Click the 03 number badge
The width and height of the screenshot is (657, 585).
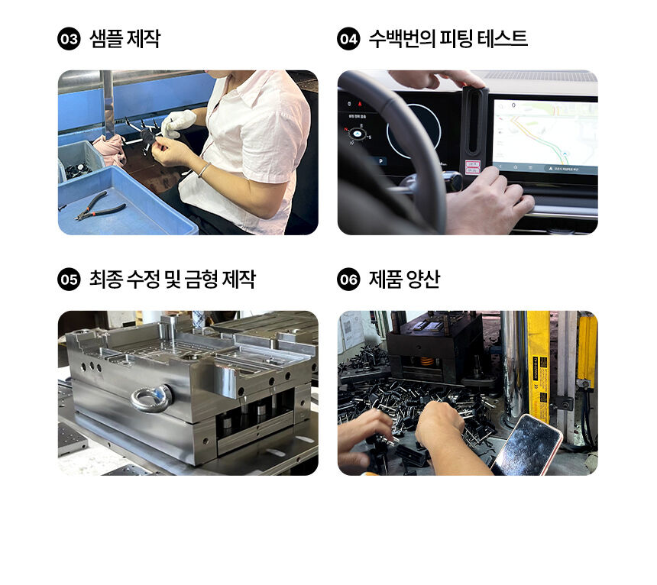[69, 39]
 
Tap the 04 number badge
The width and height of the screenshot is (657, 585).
[348, 39]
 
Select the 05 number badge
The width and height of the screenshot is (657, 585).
[69, 280]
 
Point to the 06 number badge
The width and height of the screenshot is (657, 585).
[348, 280]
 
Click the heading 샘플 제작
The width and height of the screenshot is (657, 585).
[125, 39]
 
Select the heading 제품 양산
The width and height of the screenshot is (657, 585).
[404, 280]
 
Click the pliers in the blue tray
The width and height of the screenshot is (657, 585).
[100, 206]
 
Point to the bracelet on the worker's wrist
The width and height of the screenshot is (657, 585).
[204, 170]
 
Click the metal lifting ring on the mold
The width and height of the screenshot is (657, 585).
[151, 398]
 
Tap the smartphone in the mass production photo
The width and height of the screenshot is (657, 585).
[527, 445]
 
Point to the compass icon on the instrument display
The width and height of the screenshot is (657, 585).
[358, 134]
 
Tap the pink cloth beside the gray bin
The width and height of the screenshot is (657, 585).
[110, 150]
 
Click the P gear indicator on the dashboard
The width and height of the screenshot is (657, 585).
[380, 161]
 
